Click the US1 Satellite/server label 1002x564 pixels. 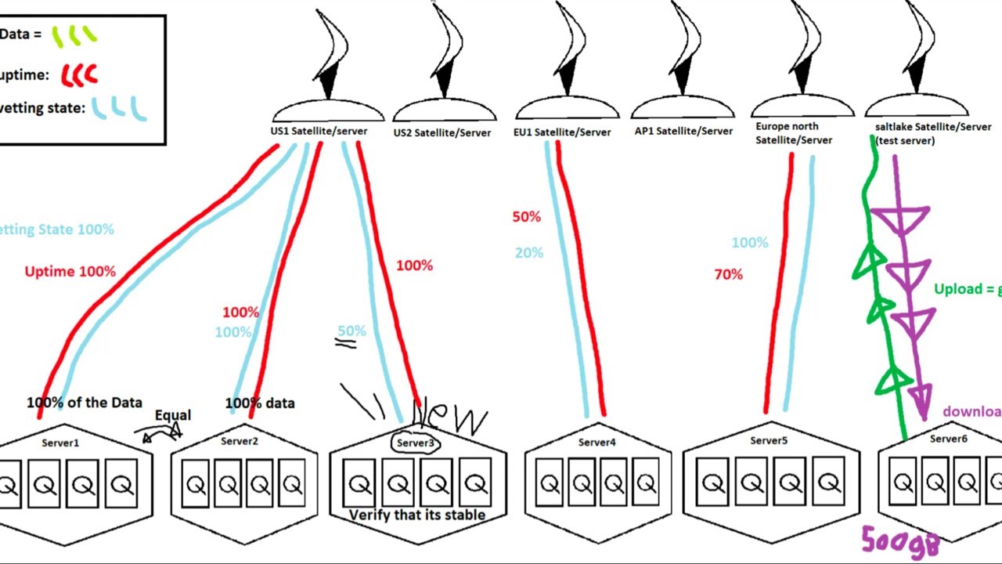319,131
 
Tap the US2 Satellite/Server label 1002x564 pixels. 442,132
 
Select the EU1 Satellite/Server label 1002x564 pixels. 562,132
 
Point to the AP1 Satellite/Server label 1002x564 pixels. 683,131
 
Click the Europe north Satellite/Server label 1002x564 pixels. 793,133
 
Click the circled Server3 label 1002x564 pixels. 415,443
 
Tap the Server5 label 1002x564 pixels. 768,440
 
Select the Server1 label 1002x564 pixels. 60,443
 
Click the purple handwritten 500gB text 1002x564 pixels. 899,540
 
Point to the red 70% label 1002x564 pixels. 728,275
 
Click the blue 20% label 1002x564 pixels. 528,253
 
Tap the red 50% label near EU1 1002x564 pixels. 526,217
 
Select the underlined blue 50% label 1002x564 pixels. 351,331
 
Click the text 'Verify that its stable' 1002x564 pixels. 417,515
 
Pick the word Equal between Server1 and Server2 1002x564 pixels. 172,415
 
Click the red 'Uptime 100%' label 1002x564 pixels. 70,272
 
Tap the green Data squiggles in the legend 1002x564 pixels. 74,35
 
